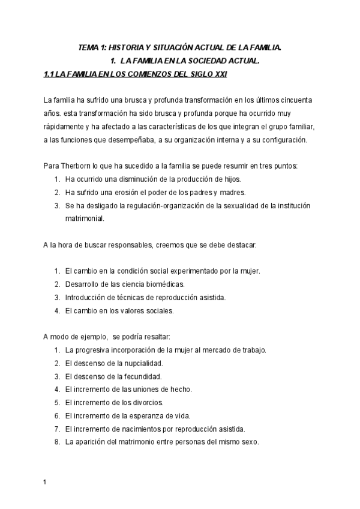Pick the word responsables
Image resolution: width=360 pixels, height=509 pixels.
click(x=130, y=246)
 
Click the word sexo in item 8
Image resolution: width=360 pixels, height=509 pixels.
click(x=248, y=442)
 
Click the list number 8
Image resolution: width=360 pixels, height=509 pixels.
click(x=55, y=442)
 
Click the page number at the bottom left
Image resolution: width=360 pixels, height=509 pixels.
click(x=46, y=482)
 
